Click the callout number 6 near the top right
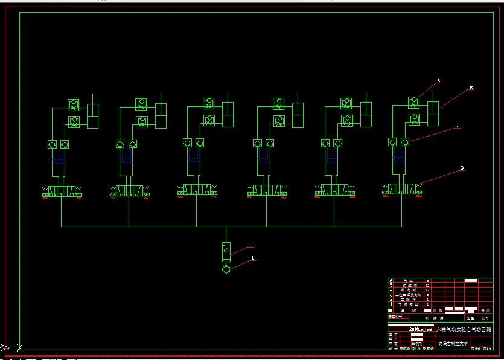pos(439,81)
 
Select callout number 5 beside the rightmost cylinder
pos(471,88)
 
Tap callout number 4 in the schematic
pos(458,127)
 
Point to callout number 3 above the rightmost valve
pos(462,169)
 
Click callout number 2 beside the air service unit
pos(251,245)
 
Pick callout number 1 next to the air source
pos(253,259)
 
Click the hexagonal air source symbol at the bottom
pos(226,269)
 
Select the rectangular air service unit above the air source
pos(226,250)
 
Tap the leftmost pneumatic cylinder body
pos(92,115)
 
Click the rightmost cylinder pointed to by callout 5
pos(433,113)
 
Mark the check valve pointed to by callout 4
pos(405,142)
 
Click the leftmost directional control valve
pos(62,191)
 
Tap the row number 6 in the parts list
pos(391,281)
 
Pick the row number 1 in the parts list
pos(391,304)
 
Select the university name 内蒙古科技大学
pos(453,344)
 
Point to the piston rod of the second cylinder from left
pos(161,99)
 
